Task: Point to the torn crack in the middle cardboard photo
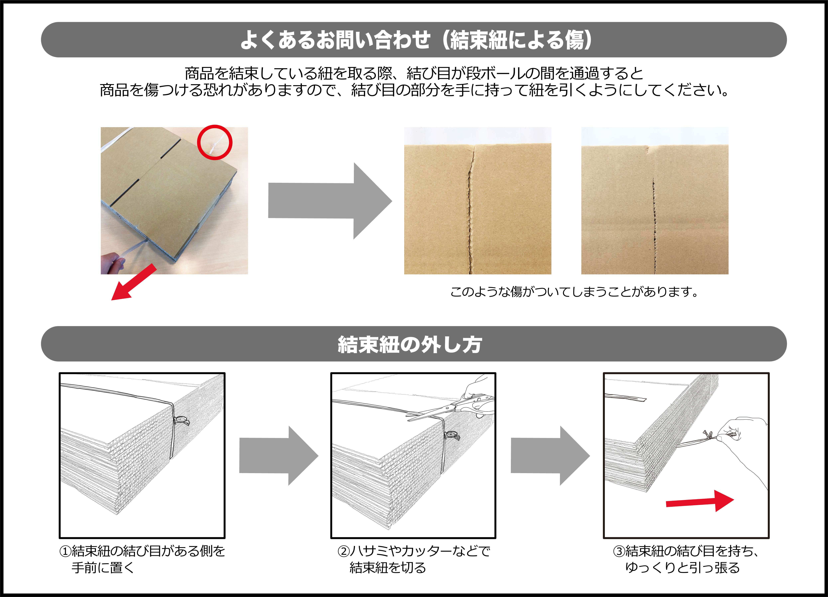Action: [x=470, y=208]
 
